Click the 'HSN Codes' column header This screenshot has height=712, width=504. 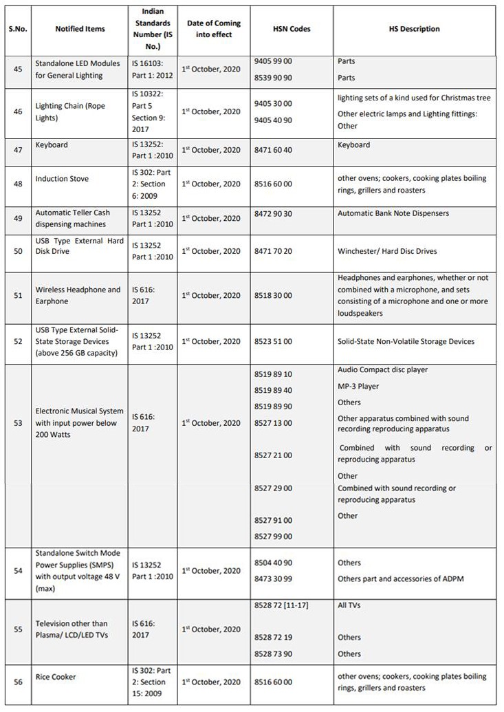click(x=291, y=29)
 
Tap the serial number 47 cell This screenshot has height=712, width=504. click(x=18, y=149)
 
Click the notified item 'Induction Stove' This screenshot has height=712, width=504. click(x=63, y=179)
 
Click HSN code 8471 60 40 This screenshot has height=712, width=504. click(x=272, y=149)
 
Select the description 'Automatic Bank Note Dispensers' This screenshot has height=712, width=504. click(x=393, y=213)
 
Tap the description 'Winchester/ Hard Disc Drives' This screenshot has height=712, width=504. click(x=387, y=251)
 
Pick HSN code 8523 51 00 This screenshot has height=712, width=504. click(x=272, y=341)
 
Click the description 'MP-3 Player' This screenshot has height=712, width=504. click(x=358, y=387)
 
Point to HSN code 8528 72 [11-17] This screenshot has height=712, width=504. click(x=278, y=605)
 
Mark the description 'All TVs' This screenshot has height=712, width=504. click(x=349, y=605)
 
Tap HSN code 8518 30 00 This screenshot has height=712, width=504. click(x=272, y=295)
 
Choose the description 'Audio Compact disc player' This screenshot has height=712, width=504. click(x=382, y=370)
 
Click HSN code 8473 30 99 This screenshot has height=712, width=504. click(x=272, y=579)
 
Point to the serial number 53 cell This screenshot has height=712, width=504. click(x=18, y=422)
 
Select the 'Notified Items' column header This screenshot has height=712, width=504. click(x=80, y=29)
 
